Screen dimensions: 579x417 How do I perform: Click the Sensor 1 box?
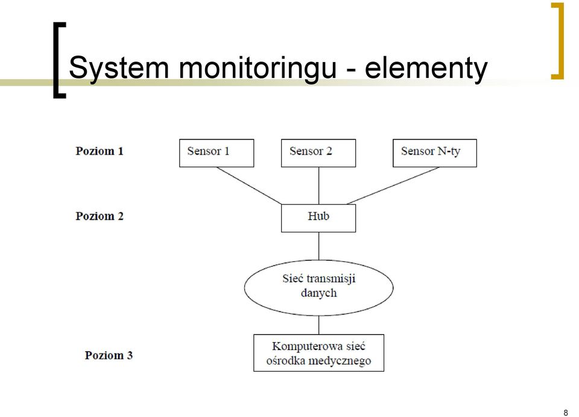point(217,153)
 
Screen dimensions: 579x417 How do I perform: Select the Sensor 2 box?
point(318,153)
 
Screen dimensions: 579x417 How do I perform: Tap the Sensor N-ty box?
point(435,153)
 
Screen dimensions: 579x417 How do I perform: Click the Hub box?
point(318,218)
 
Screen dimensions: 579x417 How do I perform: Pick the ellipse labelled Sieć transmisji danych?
point(318,288)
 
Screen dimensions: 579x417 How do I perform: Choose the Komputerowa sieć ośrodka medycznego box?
point(318,353)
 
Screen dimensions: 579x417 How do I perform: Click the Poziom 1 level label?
point(100,151)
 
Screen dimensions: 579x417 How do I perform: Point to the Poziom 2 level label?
point(100,216)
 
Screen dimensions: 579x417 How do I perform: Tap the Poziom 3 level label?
point(109,355)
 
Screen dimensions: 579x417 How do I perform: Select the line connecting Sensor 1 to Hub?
point(249,185)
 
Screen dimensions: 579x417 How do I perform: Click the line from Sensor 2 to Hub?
point(318,185)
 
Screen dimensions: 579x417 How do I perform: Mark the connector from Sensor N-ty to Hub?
point(393,185)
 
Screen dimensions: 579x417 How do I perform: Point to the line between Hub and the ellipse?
point(318,246)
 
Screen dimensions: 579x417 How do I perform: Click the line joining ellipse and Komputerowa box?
point(318,325)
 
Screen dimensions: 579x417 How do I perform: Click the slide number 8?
point(565,413)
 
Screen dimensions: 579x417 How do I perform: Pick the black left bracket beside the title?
point(55,60)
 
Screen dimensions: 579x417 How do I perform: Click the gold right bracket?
point(562,40)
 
